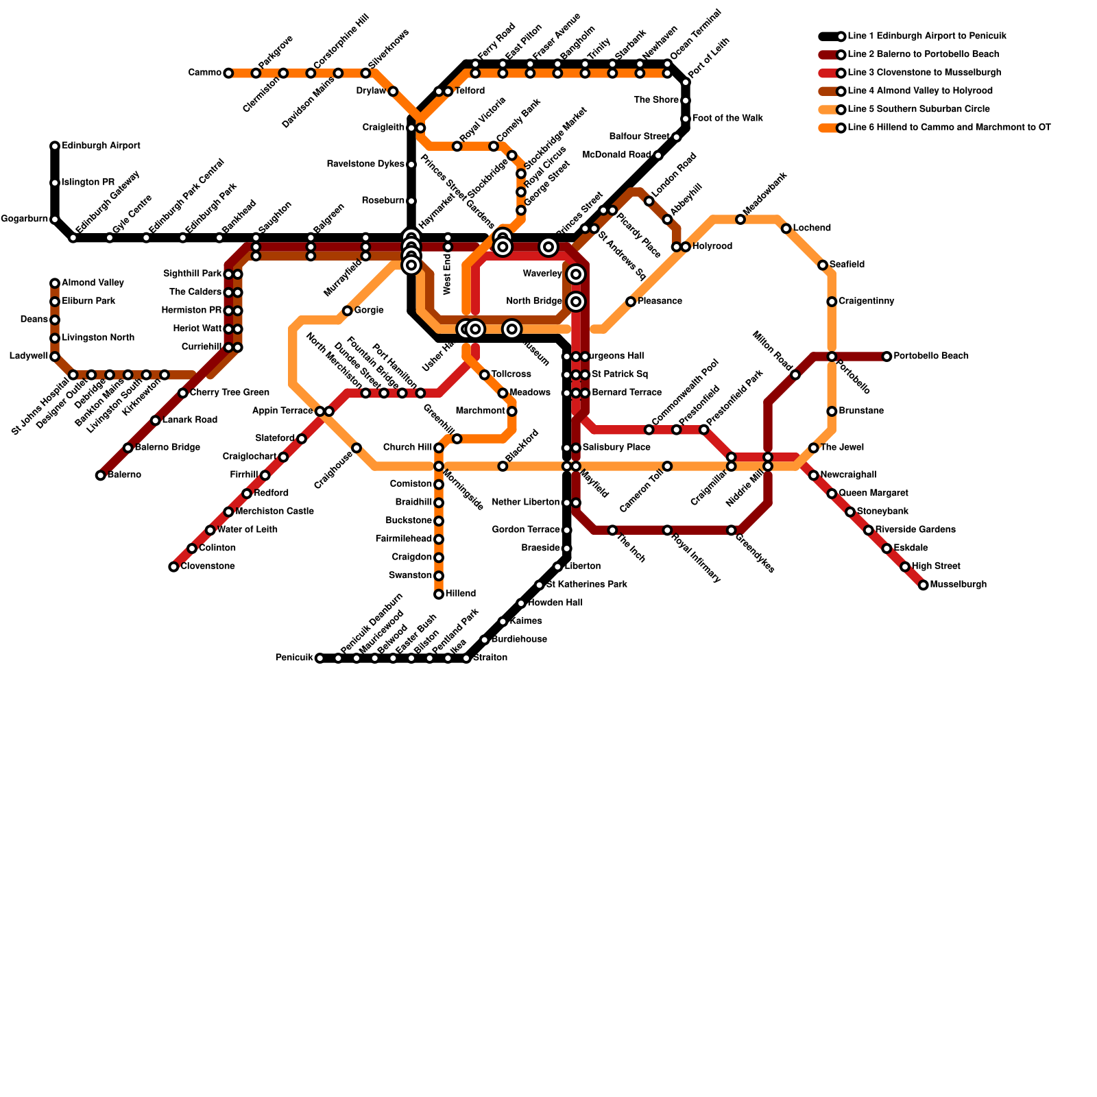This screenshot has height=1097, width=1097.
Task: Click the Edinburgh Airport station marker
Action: tap(55, 146)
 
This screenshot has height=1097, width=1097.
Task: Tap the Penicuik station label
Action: tap(294, 658)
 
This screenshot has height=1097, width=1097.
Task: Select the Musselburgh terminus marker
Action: tap(924, 585)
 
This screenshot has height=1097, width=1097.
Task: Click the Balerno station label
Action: tap(124, 475)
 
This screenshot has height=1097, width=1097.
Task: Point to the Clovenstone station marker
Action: tap(174, 567)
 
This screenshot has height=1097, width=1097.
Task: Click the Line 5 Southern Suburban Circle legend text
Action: tap(918, 109)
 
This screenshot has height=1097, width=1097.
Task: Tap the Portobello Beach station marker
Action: tap(887, 357)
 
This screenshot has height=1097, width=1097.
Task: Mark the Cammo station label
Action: tap(204, 73)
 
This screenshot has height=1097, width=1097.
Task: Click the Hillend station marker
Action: tap(439, 594)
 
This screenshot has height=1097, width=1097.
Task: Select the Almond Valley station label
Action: tap(93, 283)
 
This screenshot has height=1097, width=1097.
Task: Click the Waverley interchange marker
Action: tap(576, 274)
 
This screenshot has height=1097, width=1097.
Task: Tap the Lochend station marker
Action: tap(786, 228)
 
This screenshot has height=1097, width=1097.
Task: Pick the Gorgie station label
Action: tap(369, 311)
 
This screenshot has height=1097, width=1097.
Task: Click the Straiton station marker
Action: tap(466, 658)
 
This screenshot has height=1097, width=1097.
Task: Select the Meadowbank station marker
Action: tap(740, 219)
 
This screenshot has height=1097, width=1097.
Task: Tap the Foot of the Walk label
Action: tap(727, 119)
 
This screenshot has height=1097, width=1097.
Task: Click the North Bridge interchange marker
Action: tap(576, 302)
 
